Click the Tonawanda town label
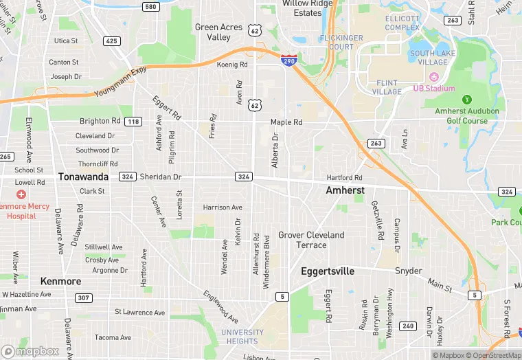(83, 177)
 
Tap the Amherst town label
(345, 190)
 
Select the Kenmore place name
(60, 281)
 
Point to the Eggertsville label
(328, 271)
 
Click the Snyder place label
(408, 271)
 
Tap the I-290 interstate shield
(289, 61)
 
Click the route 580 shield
(150, 6)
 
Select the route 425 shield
(111, 41)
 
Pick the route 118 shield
(133, 122)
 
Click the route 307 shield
(83, 297)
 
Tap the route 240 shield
(407, 326)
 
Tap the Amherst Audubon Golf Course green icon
(468, 100)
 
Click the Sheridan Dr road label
(160, 177)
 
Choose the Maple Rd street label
(286, 122)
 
